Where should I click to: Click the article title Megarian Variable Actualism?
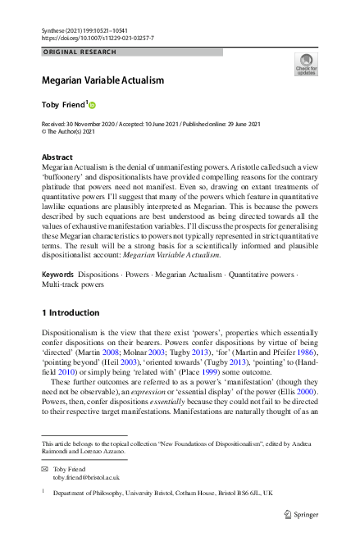[103, 80]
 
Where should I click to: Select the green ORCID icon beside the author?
[92, 105]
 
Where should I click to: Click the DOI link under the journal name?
[97, 38]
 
